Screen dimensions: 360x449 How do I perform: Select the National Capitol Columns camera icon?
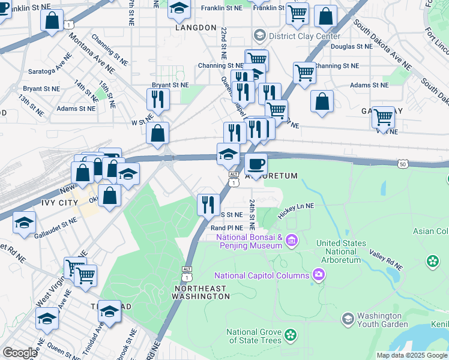pos(318,275)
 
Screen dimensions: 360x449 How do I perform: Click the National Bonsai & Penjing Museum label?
pos(249,241)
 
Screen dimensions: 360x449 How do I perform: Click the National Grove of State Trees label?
pos(254,336)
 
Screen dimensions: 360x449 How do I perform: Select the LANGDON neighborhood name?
pos(196,28)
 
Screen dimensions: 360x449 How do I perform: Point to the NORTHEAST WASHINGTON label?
pos(202,292)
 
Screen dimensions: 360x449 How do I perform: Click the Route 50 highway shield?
pos(403,163)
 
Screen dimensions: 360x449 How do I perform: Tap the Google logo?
pos(20,352)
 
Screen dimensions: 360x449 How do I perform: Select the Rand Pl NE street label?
pos(226,228)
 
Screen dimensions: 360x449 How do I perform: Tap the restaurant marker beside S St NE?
pos(208,205)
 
